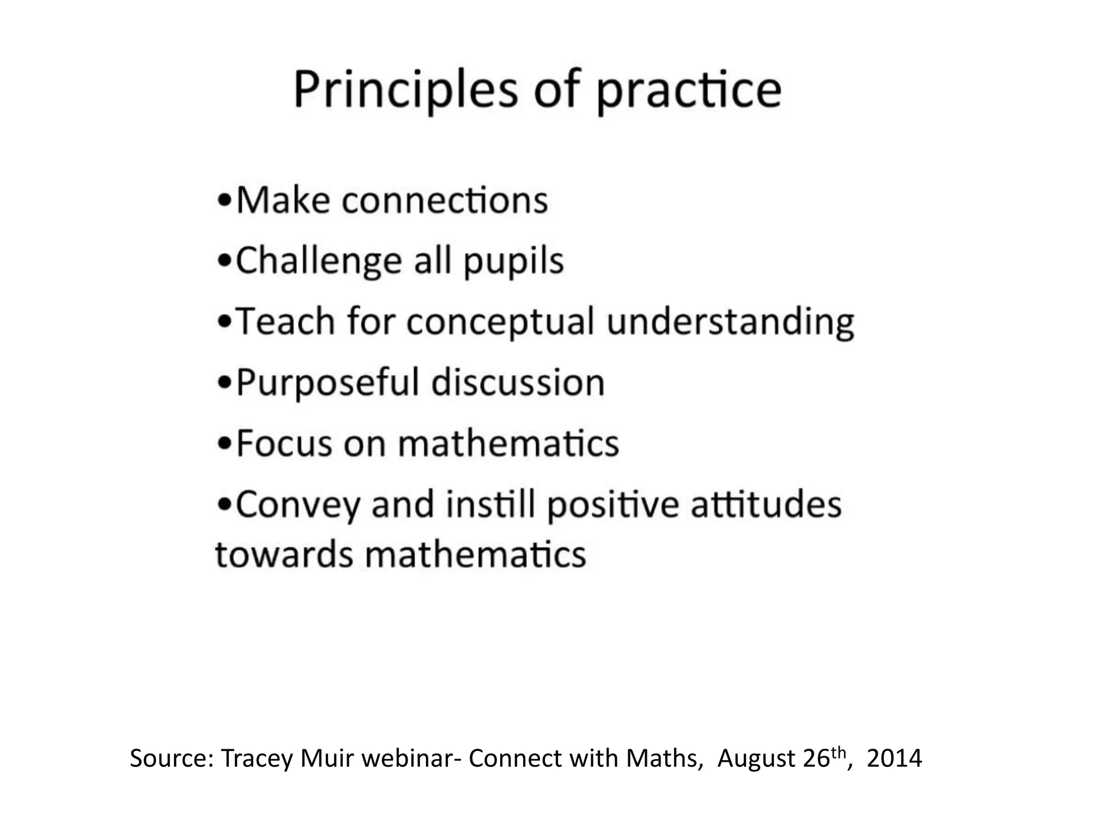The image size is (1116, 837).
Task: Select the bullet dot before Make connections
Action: click(223, 200)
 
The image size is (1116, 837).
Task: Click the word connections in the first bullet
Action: click(445, 200)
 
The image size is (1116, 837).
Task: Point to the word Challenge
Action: click(318, 262)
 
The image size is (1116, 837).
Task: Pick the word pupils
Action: click(513, 262)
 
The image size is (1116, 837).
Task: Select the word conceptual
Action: click(500, 322)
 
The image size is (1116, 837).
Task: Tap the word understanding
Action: click(730, 322)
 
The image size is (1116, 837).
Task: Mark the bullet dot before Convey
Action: click(223, 505)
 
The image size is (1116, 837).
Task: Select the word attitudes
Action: click(766, 505)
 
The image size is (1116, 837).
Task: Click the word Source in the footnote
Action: click(172, 758)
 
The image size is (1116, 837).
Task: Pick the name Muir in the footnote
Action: click(328, 758)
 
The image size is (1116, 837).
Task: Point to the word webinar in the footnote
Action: click(407, 758)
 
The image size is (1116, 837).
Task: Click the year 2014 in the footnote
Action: click(894, 758)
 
